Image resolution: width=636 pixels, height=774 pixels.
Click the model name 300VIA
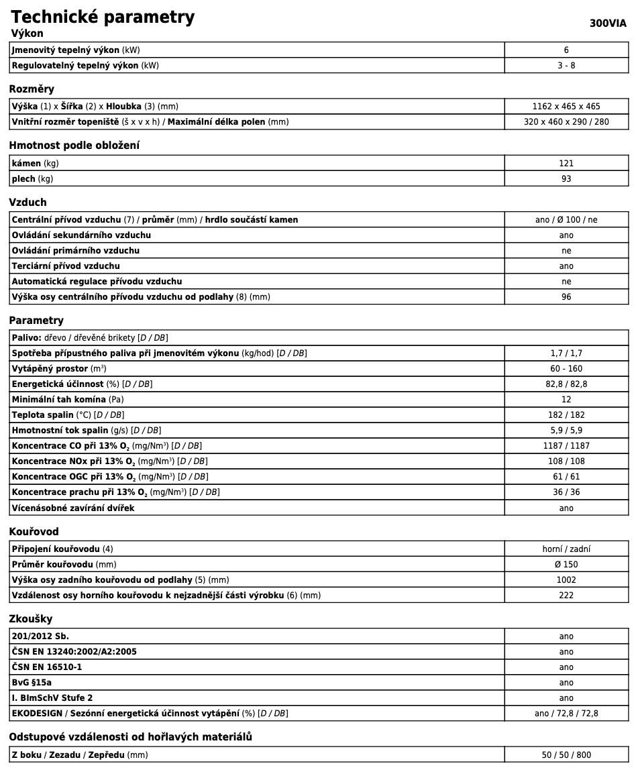pyautogui.click(x=608, y=23)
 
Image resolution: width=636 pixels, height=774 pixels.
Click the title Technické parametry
pyautogui.click(x=103, y=17)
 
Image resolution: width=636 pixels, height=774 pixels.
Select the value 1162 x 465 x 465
pyautogui.click(x=566, y=106)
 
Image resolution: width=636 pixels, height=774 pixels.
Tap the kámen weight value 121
pyautogui.click(x=566, y=163)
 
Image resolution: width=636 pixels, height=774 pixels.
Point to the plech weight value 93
pyautogui.click(x=566, y=178)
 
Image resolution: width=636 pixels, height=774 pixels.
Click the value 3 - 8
pyautogui.click(x=566, y=65)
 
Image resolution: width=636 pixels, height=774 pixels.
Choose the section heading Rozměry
pyautogui.click(x=32, y=89)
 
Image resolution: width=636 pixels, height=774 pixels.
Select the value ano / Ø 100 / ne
pyautogui.click(x=566, y=220)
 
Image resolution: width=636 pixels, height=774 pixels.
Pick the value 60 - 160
pyautogui.click(x=566, y=369)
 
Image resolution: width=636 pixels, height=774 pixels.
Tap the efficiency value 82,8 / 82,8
pyautogui.click(x=566, y=384)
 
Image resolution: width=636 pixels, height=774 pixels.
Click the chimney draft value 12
pyautogui.click(x=566, y=400)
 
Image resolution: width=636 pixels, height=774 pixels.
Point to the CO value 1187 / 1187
pyautogui.click(x=566, y=446)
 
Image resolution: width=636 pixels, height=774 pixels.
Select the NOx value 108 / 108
pyautogui.click(x=566, y=461)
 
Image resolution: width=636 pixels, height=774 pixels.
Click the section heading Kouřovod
pyautogui.click(x=34, y=532)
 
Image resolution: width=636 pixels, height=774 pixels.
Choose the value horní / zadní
pyautogui.click(x=566, y=549)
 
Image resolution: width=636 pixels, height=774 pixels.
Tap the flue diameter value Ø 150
pyautogui.click(x=566, y=564)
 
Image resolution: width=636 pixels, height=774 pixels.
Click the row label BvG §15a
pyautogui.click(x=32, y=682)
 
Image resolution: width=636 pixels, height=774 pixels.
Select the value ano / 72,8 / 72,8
pyautogui.click(x=566, y=713)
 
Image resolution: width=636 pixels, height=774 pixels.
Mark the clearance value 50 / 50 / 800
pyautogui.click(x=566, y=755)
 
